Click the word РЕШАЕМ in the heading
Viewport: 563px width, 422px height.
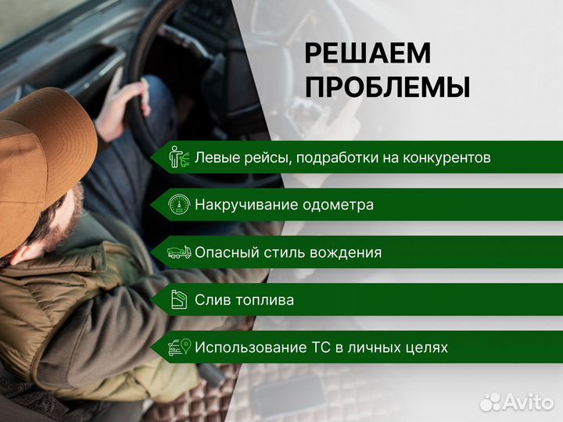(368, 53)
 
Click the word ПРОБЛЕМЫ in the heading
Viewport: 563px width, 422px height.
(387, 88)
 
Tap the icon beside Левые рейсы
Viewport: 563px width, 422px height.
(180, 158)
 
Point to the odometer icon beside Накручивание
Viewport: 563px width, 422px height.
(180, 206)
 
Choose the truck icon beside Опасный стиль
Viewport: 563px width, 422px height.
(180, 253)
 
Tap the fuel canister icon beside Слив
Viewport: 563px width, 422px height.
(180, 300)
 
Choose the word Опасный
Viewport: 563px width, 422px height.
(222, 253)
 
